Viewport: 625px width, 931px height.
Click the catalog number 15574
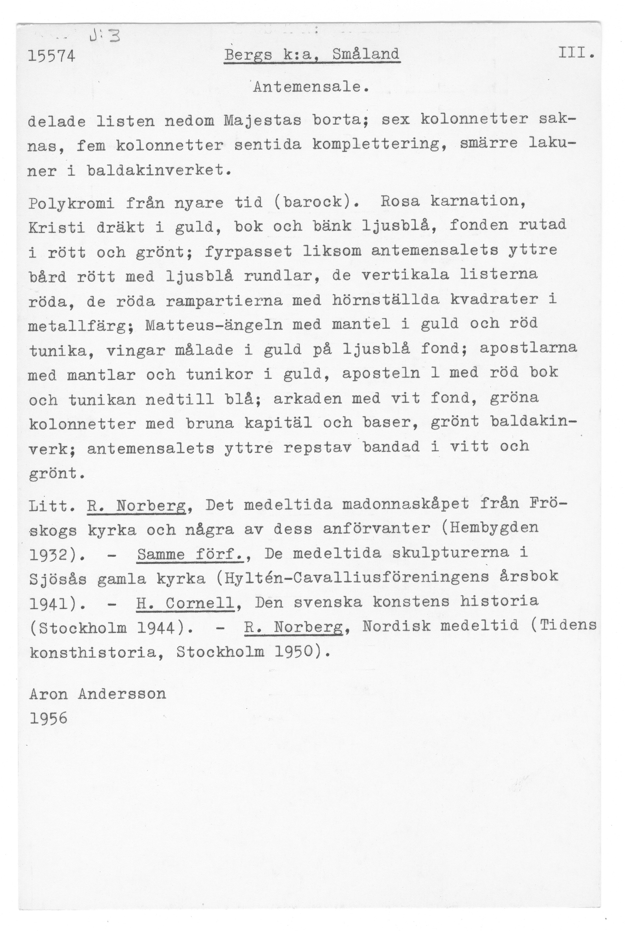point(51,56)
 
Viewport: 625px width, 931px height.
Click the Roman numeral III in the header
point(574,53)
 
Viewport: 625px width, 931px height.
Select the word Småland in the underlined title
point(365,54)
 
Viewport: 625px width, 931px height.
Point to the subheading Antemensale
point(310,87)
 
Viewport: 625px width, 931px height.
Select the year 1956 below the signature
point(48,718)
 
